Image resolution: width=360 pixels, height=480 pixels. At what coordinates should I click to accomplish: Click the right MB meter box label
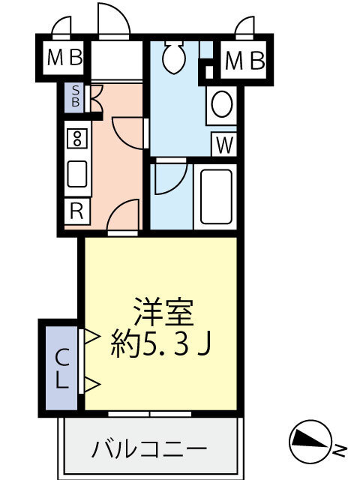pyautogui.click(x=245, y=61)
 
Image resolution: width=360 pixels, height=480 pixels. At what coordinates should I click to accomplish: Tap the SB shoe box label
pyautogui.click(x=75, y=96)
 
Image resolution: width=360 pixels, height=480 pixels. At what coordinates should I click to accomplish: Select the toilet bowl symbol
pyautogui.click(x=174, y=57)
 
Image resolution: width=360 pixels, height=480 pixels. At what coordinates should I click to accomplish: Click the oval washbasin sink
pyautogui.click(x=222, y=104)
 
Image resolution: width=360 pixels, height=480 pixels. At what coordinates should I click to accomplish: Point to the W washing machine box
pyautogui.click(x=224, y=145)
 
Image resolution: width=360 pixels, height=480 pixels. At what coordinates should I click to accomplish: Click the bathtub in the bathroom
pyautogui.click(x=216, y=196)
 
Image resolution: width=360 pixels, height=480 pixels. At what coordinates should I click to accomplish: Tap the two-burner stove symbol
pyautogui.click(x=77, y=139)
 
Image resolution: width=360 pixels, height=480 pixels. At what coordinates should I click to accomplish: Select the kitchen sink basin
pyautogui.click(x=77, y=174)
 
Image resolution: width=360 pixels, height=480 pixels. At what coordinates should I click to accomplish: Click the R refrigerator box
pyautogui.click(x=76, y=211)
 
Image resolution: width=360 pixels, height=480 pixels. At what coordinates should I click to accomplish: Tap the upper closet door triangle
pyautogui.click(x=91, y=337)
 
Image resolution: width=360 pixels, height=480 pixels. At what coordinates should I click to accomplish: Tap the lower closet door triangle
pyautogui.click(x=91, y=384)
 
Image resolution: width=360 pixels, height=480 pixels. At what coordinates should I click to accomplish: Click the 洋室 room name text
pyautogui.click(x=165, y=311)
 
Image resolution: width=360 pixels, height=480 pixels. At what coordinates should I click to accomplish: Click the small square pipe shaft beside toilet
pyautogui.click(x=209, y=72)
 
